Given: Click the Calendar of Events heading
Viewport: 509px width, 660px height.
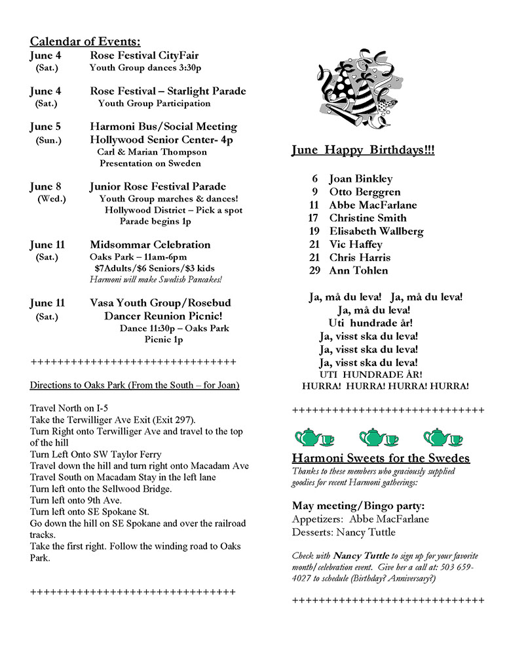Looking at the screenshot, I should (x=85, y=41).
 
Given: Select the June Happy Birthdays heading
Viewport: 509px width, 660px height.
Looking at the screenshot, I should (x=362, y=151).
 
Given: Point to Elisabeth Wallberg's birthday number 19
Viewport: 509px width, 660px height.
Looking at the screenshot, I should (x=314, y=231).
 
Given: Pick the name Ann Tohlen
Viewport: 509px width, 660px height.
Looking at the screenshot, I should (x=358, y=270).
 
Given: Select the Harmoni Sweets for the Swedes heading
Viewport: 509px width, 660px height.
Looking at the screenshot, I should (x=381, y=458).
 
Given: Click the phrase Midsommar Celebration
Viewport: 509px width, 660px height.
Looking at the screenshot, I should (x=150, y=245).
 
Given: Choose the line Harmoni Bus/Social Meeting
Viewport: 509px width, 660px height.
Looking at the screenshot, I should (x=163, y=127).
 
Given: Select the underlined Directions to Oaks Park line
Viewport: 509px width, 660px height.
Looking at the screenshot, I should (x=134, y=384).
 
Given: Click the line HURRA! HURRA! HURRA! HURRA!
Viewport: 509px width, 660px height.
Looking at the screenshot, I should (x=385, y=386).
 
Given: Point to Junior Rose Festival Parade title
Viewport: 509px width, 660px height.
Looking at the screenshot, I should (x=158, y=186).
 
